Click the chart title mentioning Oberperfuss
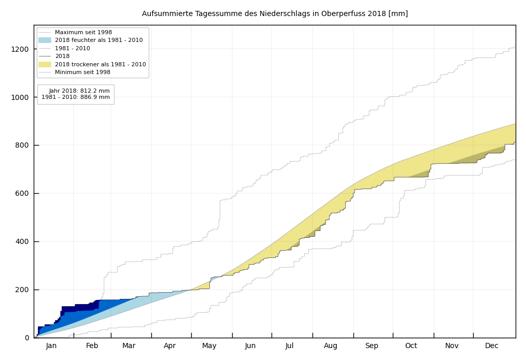275,14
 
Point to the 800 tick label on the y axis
23,146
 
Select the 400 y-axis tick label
23,242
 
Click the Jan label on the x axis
51,346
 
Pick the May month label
209,346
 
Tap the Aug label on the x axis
331,346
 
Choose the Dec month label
492,346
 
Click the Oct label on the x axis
411,346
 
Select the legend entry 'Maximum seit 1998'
83,33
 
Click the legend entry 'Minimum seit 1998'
83,73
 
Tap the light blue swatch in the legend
45,40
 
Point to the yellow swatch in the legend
45,64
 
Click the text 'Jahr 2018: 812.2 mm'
79,91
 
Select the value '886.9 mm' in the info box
96,97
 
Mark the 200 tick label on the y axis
23,290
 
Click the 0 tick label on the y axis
27,338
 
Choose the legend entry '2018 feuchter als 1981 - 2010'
98,40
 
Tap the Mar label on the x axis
129,346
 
